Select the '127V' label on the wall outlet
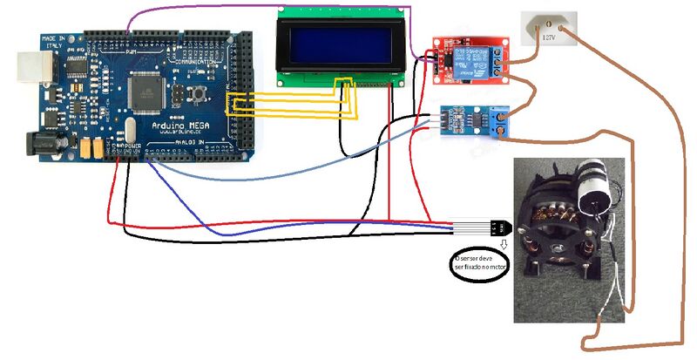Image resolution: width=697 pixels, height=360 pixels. [550, 37]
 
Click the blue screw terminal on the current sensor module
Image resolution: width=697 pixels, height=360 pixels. [498, 116]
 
